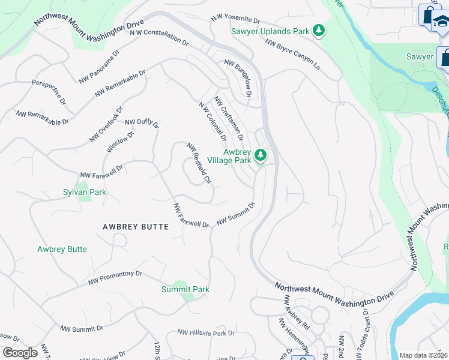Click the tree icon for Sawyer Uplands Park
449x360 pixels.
[320, 31]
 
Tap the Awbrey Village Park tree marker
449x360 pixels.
[260, 156]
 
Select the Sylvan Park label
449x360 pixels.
[84, 192]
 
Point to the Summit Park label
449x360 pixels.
[185, 289]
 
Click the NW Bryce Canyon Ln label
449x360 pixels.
[292, 53]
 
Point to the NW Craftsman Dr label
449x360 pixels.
[229, 119]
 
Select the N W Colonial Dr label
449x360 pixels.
[212, 121]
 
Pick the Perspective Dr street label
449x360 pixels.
[49, 93]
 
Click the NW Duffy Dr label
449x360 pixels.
[142, 123]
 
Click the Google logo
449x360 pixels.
[20, 353]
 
